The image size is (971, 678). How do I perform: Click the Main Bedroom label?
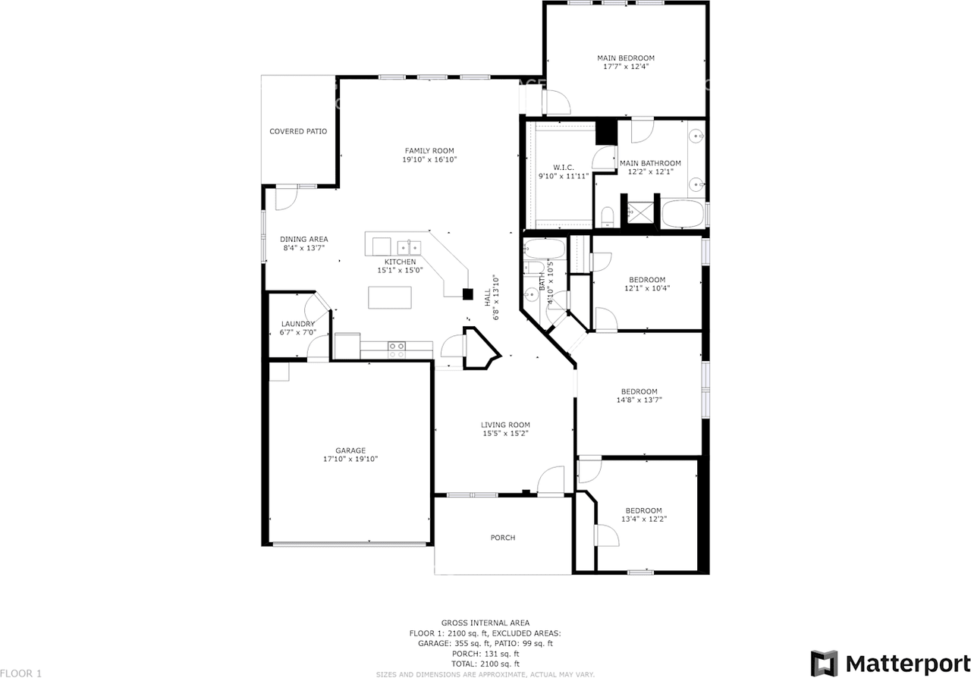click(626, 58)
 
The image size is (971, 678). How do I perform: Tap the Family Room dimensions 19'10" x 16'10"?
click(429, 160)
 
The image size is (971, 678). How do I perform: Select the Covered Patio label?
click(298, 131)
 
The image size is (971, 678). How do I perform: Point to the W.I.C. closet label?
click(564, 167)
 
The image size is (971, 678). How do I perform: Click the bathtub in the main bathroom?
click(683, 214)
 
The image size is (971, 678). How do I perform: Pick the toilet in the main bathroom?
click(607, 218)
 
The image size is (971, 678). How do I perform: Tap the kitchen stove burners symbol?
click(397, 349)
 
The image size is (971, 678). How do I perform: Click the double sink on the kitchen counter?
click(410, 246)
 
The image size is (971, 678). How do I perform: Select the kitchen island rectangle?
click(390, 297)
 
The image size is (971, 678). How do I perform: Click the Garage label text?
click(350, 450)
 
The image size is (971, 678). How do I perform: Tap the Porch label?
click(503, 538)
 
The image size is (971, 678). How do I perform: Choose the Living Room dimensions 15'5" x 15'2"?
click(505, 434)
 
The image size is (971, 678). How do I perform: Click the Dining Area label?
click(303, 239)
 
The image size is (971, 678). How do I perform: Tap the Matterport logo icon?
click(824, 663)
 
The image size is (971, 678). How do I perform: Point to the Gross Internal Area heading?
click(485, 623)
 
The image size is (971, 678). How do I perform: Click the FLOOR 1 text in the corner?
click(21, 673)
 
